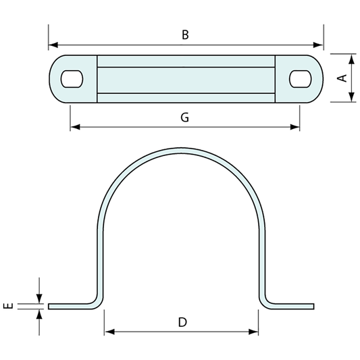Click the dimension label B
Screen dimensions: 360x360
[x=185, y=35]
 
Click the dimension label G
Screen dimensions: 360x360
[x=184, y=117]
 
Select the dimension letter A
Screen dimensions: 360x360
[x=342, y=78]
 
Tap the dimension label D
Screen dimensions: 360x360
[x=182, y=322]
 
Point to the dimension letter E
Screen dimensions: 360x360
[x=8, y=306]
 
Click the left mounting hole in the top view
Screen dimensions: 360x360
[x=70, y=78]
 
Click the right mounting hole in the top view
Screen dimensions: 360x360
[x=299, y=78]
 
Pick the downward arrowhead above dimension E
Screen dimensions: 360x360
[x=39, y=299]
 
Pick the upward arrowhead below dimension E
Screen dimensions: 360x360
[x=39, y=313]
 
